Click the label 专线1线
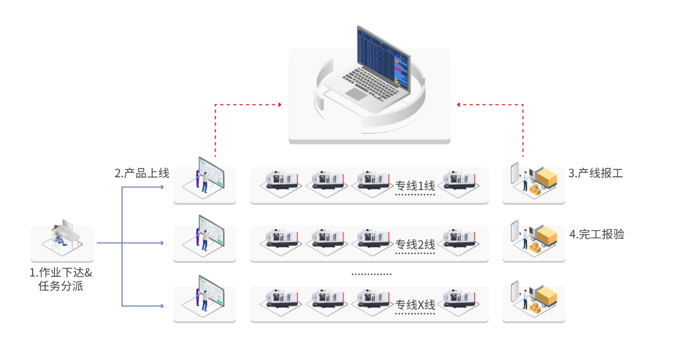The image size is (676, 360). (415, 186)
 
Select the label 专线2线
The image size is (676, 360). (415, 244)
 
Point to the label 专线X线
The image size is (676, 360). (415, 305)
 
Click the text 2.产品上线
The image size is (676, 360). (142, 174)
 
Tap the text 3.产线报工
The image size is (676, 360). (596, 174)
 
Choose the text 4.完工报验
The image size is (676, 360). (597, 235)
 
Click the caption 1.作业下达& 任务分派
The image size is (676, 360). (61, 280)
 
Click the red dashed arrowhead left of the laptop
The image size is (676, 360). (279, 104)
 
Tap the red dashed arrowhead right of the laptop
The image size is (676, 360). (459, 104)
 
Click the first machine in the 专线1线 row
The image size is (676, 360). (279, 181)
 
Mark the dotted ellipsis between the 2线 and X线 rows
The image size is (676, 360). (371, 275)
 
